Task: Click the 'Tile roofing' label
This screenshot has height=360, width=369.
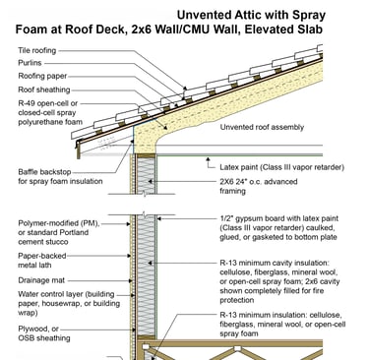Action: pos(37,50)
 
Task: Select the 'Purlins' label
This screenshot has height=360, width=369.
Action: pos(30,63)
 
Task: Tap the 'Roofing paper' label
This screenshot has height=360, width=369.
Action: pos(42,77)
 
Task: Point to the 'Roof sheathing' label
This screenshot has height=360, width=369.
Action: pos(44,90)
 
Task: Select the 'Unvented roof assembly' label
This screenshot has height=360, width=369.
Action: pos(262,127)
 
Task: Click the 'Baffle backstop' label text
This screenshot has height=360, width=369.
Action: pos(44,172)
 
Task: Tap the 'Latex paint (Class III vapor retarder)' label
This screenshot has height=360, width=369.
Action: pos(282,167)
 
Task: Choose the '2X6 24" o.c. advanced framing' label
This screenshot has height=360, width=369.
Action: pos(259,186)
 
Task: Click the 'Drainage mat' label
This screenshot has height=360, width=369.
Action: pos(41,280)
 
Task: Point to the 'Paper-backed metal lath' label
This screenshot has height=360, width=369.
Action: pos(42,261)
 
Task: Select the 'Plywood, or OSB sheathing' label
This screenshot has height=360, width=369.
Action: pos(44,333)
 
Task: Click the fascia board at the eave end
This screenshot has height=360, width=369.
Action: pos(78,150)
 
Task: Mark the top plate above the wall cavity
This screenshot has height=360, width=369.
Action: pos(146,156)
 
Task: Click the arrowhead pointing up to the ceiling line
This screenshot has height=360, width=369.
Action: pos(208,159)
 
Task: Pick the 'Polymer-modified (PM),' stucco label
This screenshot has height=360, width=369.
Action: pos(59,223)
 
